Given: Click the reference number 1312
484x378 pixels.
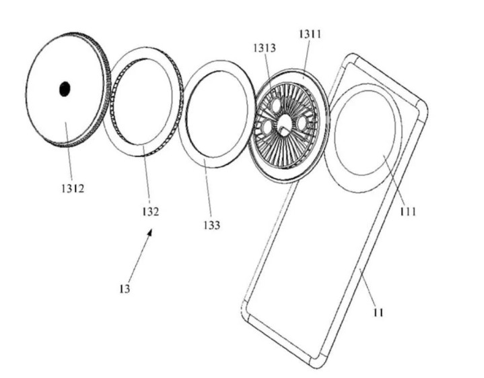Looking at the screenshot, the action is click(73, 188).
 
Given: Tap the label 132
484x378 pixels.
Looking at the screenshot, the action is click(150, 212).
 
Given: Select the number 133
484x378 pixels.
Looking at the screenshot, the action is click(212, 225).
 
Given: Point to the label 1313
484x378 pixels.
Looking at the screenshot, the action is click(265, 48).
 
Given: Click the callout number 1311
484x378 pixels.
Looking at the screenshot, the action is click(310, 34).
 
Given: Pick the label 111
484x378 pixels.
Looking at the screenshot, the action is click(408, 212).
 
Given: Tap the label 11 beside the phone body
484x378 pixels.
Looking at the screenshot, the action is click(378, 313).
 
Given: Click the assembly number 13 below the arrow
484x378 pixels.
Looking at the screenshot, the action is click(125, 288).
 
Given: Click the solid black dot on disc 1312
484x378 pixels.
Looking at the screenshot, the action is click(65, 89).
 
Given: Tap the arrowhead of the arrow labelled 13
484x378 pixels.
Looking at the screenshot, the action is click(149, 232).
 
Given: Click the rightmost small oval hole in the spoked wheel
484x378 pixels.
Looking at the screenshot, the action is click(302, 122).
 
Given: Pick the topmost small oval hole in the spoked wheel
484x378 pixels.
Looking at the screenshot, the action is click(275, 105).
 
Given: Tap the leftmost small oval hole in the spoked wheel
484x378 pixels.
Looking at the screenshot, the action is click(267, 127).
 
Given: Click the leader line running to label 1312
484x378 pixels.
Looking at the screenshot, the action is click(69, 152).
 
